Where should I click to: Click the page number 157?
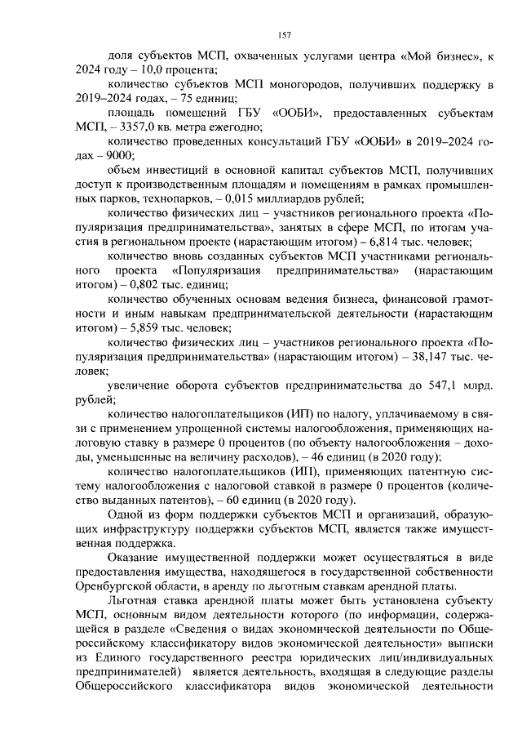coord(285,34)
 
